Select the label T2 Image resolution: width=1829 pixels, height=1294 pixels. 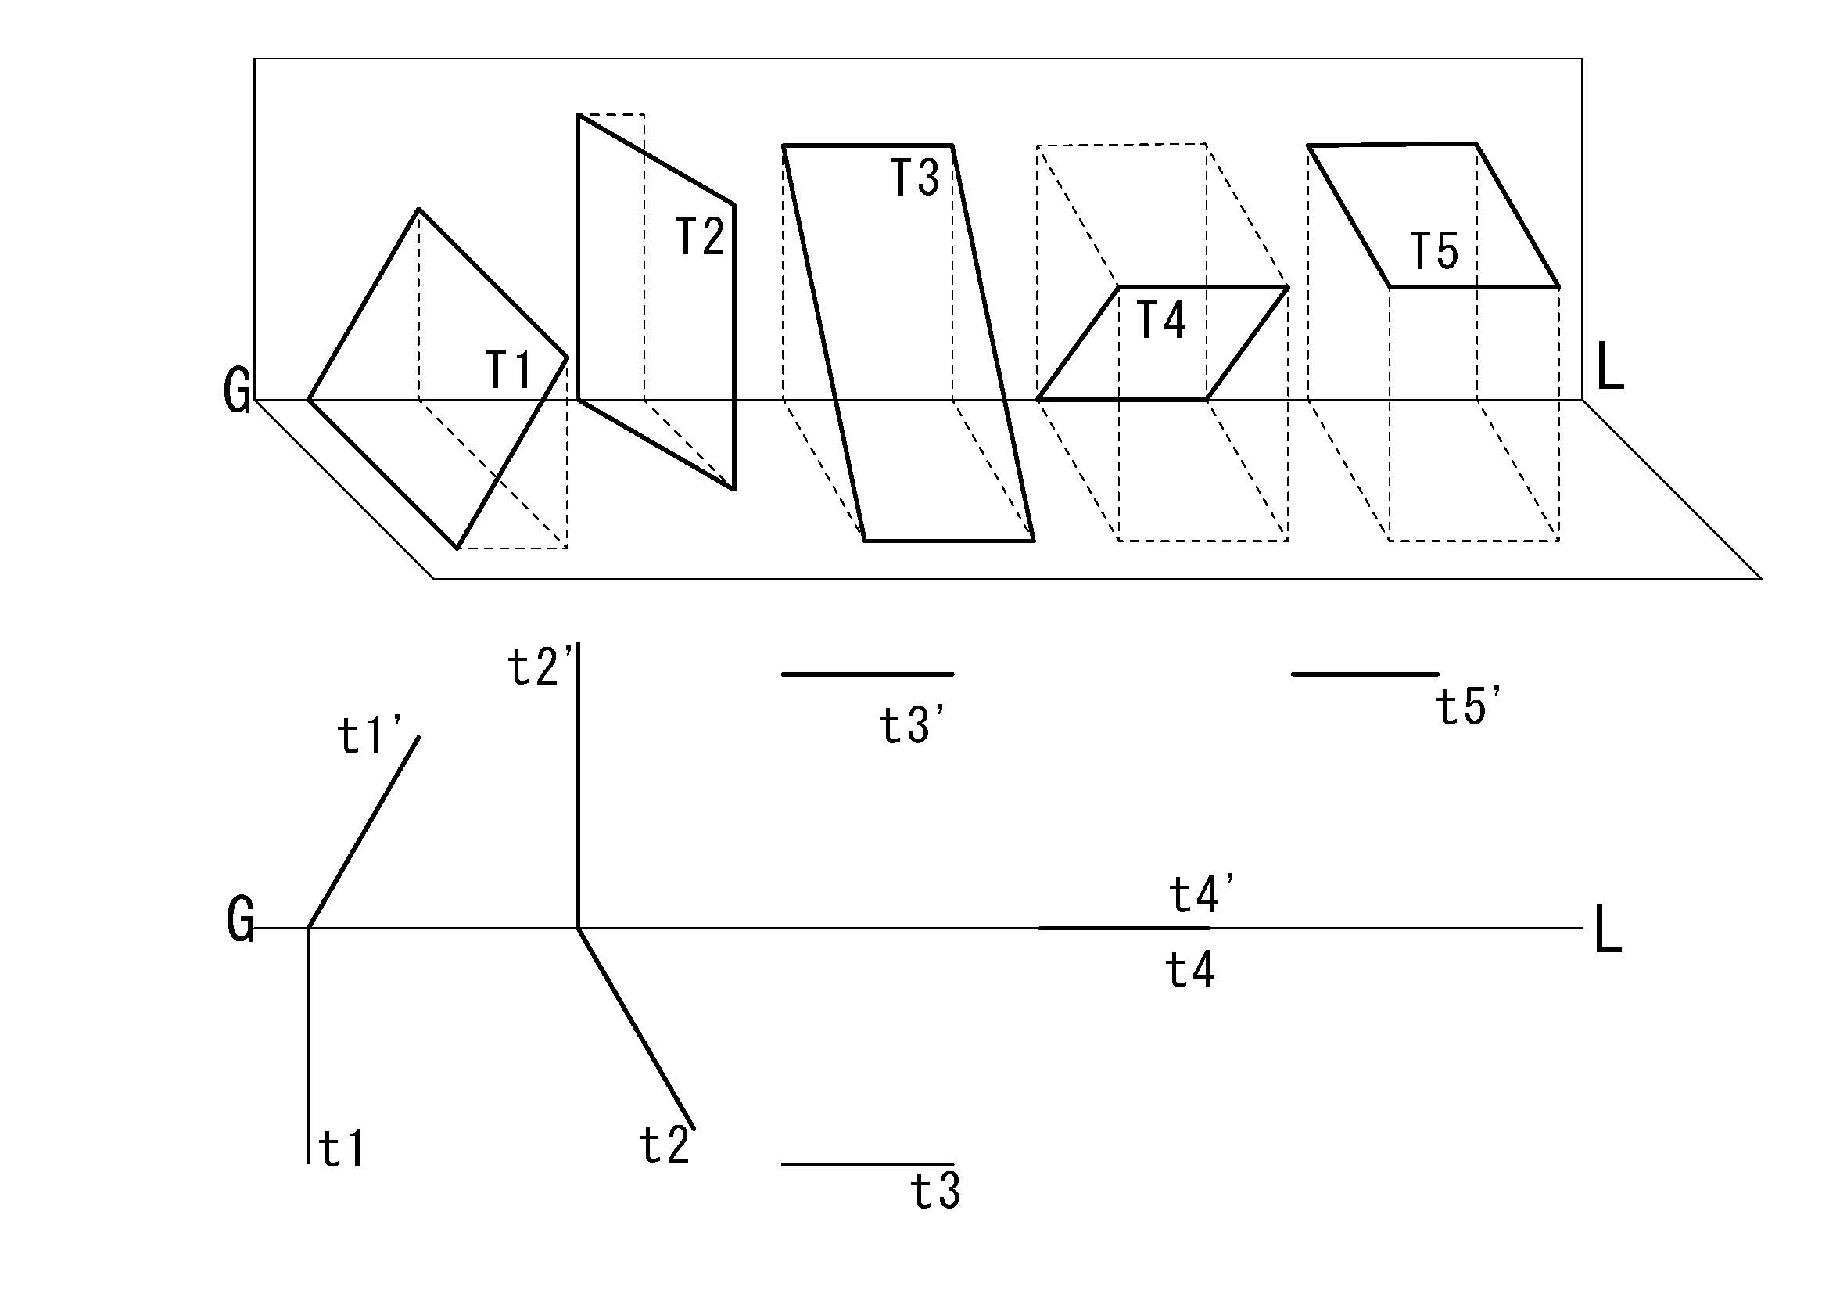(700, 235)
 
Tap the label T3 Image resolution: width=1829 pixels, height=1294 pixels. (915, 177)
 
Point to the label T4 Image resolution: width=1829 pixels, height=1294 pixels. (1160, 320)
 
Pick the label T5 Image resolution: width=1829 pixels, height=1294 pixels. (1434, 251)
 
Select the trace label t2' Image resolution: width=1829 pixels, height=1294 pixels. (539, 667)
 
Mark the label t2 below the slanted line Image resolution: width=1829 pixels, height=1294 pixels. (664, 1146)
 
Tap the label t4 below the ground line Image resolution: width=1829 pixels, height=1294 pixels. (1190, 970)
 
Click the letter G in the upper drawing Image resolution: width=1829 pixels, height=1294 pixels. (238, 391)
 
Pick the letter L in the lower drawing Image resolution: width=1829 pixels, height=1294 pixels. (1608, 930)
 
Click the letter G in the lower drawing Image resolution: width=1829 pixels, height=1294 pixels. (240, 920)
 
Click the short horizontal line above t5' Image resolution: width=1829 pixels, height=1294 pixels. (1365, 674)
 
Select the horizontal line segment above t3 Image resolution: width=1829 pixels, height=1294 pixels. (867, 1164)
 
